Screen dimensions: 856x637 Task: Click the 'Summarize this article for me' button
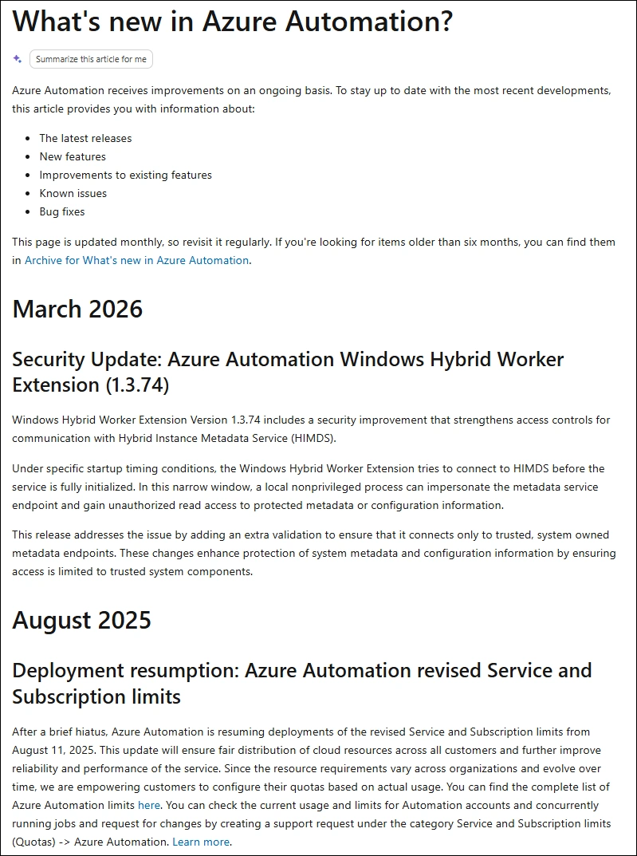coord(91,59)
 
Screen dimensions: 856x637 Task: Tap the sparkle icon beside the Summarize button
coord(18,59)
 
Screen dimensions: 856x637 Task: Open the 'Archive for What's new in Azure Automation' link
coord(136,260)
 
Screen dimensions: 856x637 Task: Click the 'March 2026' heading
coord(77,309)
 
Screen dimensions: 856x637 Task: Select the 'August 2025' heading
coord(81,620)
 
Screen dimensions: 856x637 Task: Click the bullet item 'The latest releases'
coord(85,138)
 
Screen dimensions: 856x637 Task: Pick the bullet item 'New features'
coord(73,156)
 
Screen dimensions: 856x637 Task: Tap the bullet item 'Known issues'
coord(73,193)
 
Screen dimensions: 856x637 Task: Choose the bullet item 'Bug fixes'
coord(62,211)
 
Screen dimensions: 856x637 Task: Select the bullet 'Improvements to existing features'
coord(125,175)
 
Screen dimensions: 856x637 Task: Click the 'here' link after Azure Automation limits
coord(149,805)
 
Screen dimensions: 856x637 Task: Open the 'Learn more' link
coord(201,842)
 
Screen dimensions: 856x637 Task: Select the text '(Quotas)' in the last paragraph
coord(34,842)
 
